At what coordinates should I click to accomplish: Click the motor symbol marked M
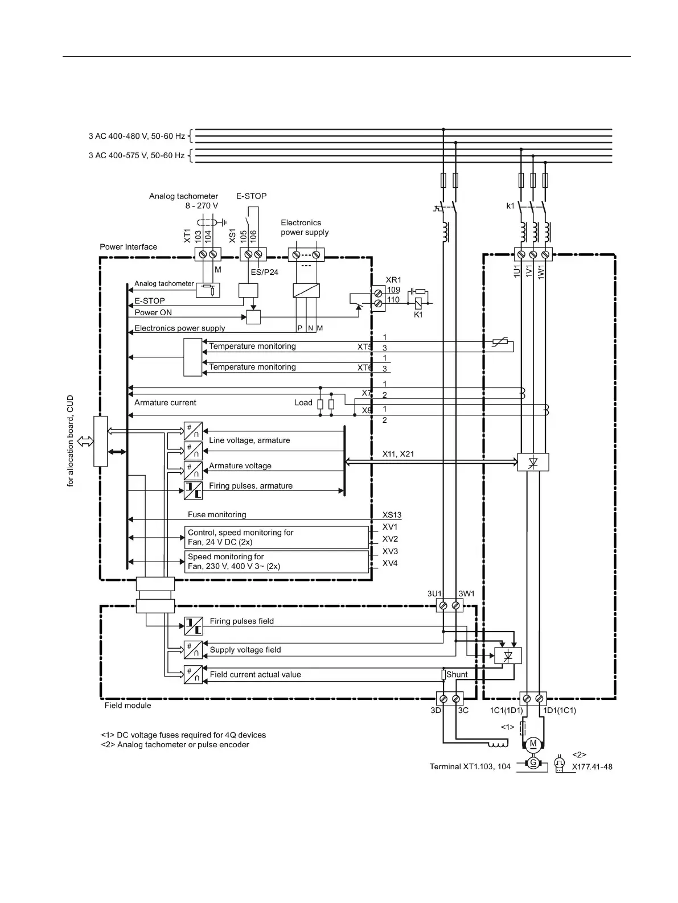pos(533,744)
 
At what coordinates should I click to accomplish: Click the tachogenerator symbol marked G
pos(533,763)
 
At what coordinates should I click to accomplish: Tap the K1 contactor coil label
pos(418,315)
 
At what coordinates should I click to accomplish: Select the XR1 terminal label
pos(393,280)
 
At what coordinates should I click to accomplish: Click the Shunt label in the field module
pos(457,675)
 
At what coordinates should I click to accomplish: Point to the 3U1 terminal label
pos(434,593)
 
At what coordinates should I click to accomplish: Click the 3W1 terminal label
pos(467,593)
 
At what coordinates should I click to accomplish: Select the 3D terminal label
pos(435,711)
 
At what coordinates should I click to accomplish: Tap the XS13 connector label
pos(392,514)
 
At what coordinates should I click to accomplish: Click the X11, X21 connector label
pos(398,453)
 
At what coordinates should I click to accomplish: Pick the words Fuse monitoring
pos(217,514)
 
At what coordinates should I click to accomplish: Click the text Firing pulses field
pos(241,621)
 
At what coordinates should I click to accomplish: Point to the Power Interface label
pos(128,247)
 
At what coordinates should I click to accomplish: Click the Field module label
pos(128,705)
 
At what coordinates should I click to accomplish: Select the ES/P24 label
pos(265,272)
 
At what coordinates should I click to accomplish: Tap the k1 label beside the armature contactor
pos(510,206)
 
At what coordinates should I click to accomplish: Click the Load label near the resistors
pos(303,402)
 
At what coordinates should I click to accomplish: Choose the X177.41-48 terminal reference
pos(592,766)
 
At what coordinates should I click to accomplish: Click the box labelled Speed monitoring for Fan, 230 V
pos(276,562)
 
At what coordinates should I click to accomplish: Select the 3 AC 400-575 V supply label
pos(136,155)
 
